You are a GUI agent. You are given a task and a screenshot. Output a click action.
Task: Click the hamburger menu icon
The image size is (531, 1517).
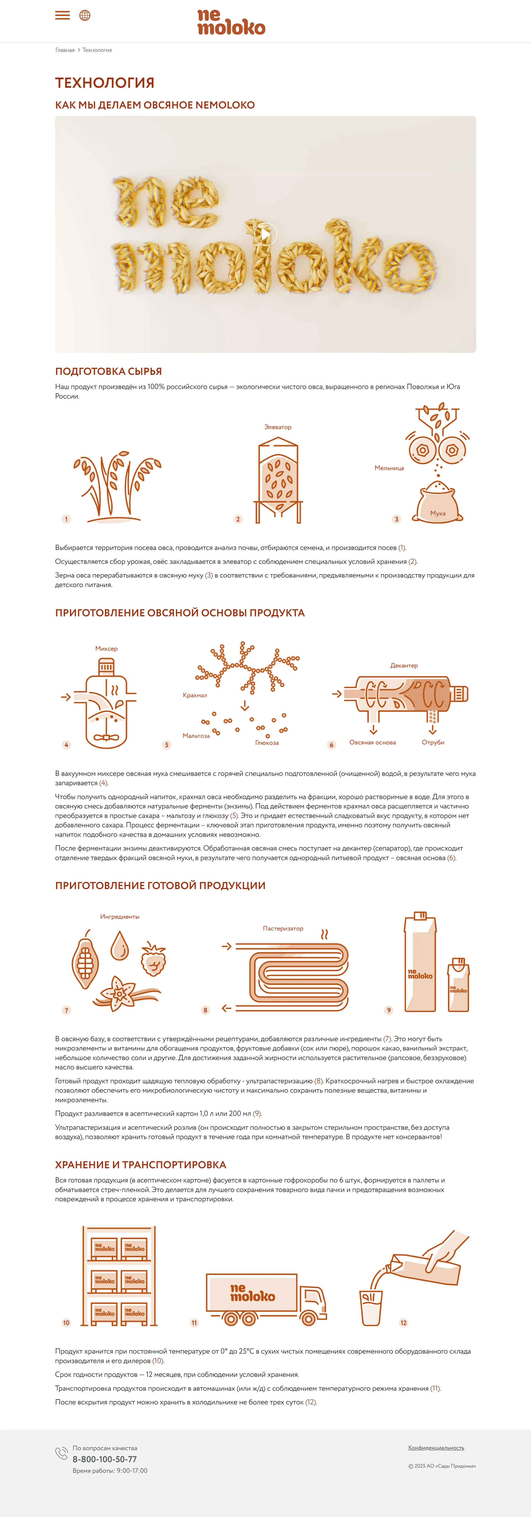(62, 15)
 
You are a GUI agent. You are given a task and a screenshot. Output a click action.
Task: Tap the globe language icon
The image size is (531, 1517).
(85, 15)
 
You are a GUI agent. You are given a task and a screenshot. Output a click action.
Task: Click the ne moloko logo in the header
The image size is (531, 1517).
(231, 22)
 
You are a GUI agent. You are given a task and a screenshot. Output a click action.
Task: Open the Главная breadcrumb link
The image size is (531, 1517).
(65, 50)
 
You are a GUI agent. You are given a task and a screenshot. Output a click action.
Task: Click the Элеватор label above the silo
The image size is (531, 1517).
(278, 427)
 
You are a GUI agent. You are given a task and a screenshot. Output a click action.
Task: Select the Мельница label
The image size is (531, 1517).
(389, 468)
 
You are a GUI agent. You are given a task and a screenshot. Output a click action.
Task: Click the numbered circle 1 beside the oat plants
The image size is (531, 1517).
(66, 519)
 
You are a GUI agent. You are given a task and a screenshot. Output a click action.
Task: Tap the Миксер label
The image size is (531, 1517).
(107, 648)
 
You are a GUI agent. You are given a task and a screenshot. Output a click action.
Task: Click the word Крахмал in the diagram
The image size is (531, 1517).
(195, 695)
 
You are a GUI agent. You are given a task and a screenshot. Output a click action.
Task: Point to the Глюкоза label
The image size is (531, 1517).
(267, 743)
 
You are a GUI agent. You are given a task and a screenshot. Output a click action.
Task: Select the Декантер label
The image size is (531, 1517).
(404, 665)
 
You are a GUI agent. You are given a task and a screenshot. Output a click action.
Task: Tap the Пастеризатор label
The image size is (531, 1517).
(283, 928)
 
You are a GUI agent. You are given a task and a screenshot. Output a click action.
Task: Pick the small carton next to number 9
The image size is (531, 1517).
(459, 985)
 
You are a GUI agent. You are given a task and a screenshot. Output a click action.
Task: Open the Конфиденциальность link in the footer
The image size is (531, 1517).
(436, 1448)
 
